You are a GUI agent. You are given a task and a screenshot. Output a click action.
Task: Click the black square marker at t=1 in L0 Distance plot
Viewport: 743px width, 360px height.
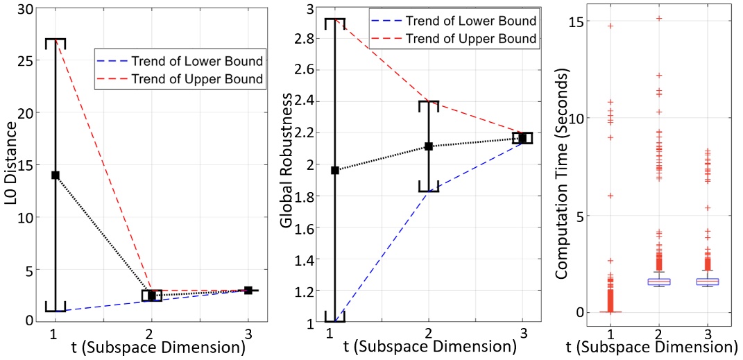click(x=55, y=175)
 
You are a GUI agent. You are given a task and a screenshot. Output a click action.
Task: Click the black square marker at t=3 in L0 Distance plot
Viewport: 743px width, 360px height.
click(x=248, y=290)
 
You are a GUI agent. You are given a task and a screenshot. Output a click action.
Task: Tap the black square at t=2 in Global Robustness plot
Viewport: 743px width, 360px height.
click(x=429, y=146)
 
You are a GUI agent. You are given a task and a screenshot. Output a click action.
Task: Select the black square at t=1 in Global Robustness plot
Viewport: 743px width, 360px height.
click(x=335, y=170)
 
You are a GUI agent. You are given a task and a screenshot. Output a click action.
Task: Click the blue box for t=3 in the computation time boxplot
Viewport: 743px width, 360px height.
click(x=706, y=282)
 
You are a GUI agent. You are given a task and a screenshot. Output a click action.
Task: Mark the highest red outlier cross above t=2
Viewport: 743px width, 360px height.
click(x=658, y=19)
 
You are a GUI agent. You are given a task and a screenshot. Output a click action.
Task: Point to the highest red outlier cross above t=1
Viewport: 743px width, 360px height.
click(x=610, y=26)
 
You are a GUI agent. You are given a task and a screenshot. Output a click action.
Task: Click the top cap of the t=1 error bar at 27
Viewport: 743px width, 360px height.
click(x=55, y=40)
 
